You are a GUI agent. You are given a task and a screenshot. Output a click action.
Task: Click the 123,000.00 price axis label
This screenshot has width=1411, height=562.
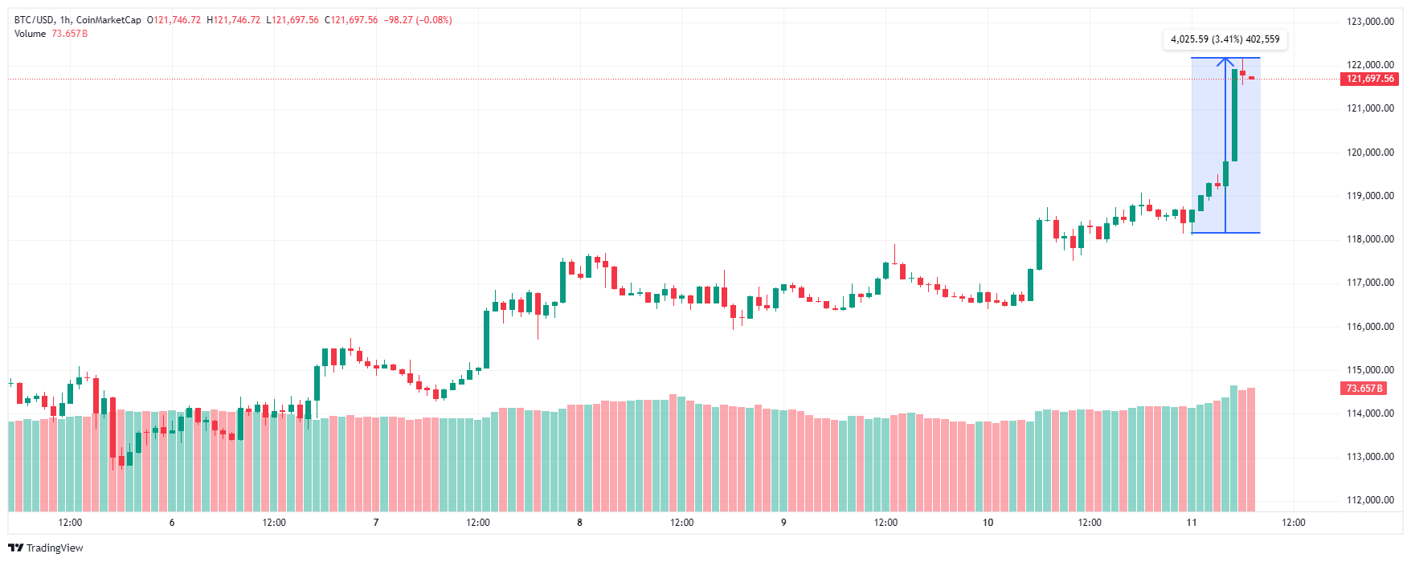pos(1370,22)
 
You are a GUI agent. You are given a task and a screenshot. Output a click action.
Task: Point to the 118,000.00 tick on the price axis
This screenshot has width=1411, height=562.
pos(1370,239)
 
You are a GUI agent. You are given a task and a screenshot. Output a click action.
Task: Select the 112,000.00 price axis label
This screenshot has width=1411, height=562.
pos(1370,500)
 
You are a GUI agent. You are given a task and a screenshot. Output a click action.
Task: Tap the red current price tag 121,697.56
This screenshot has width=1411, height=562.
pos(1370,79)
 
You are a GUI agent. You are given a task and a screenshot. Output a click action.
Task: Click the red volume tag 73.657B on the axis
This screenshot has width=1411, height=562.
pos(1364,389)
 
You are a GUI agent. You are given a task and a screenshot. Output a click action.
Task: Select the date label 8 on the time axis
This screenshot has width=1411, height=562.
pos(579,523)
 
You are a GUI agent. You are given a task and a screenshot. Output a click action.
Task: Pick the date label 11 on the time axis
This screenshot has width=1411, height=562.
pos(1192,523)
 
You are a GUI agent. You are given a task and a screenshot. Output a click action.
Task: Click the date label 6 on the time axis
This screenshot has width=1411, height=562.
pos(172,523)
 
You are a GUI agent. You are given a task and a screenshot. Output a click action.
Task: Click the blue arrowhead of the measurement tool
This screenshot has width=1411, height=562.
pos(1225,61)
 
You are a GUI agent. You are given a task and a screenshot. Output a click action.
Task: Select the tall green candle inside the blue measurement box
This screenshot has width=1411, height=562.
pos(1234,115)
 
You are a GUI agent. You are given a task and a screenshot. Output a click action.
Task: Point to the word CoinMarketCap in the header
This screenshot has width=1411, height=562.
pos(108,20)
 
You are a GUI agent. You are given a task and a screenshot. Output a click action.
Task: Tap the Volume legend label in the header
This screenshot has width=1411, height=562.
pos(30,34)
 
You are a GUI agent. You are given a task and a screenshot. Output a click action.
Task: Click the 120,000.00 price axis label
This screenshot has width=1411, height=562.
pos(1370,153)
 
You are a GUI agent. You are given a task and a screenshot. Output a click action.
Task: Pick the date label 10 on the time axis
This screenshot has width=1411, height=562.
pos(988,523)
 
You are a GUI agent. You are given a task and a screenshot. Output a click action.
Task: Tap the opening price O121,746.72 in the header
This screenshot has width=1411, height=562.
pos(174,20)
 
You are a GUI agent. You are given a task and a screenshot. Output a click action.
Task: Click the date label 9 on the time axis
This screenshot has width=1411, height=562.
pos(783,523)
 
